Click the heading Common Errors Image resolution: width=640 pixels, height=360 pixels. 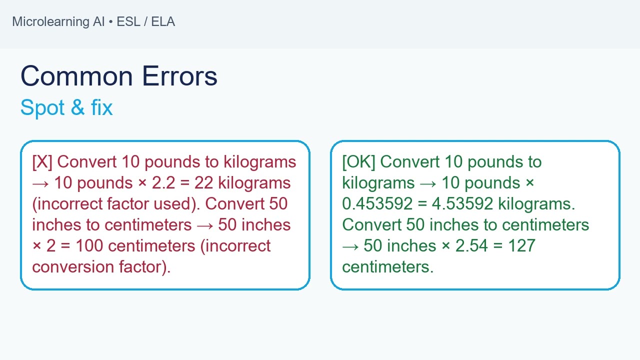point(119,76)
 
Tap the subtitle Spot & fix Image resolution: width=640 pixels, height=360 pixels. point(66,107)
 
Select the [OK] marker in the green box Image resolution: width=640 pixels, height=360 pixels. point(358,162)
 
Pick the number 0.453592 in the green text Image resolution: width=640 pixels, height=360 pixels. point(378,204)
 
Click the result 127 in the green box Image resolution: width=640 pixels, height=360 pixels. point(521,246)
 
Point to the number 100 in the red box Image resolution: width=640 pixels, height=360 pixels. point(90,246)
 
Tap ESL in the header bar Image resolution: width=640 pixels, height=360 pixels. point(128,22)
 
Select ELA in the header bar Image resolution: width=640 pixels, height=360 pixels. point(163,22)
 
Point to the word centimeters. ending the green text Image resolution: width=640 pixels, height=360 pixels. point(387,267)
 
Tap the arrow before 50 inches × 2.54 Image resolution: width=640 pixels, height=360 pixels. point(350,246)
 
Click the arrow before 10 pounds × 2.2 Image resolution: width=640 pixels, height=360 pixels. point(40,183)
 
